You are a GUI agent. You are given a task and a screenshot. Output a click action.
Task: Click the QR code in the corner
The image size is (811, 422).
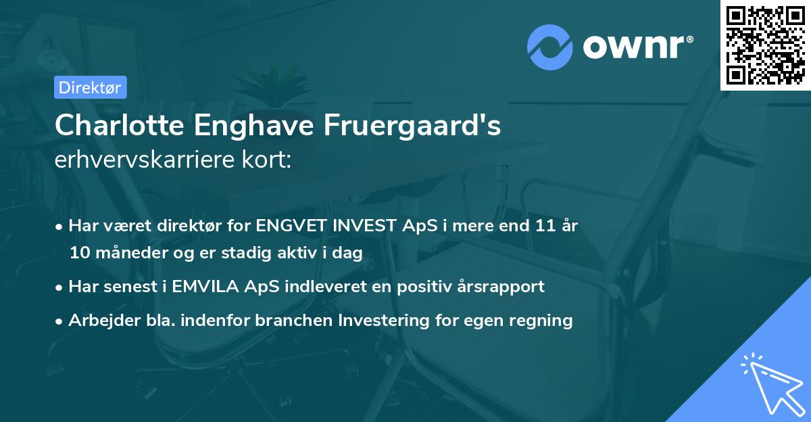[x=765, y=45]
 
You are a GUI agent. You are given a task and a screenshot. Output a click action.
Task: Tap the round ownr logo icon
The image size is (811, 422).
[x=550, y=47]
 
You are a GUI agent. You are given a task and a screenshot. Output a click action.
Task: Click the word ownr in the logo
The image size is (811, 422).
[x=637, y=47]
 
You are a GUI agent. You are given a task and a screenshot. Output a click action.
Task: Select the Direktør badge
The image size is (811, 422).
[x=90, y=87]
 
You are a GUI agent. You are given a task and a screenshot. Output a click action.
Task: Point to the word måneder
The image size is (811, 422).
[x=124, y=254]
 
